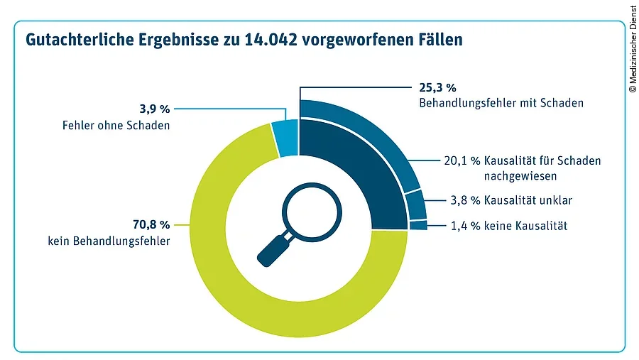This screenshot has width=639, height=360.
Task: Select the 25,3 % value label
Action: coord(435,88)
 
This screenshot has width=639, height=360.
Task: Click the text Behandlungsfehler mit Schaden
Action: coord(501,103)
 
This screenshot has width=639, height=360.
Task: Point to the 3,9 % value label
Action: coord(154,109)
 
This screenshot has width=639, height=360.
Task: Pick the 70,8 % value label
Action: coord(151,224)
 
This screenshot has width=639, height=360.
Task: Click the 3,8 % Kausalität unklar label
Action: coord(511,200)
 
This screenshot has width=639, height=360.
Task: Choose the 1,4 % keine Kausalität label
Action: coord(510,226)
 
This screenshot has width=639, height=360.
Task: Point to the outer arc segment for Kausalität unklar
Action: coord(417,204)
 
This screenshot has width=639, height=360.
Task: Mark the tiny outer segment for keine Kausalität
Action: coord(419,225)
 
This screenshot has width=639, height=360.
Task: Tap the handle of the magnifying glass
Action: coord(273,249)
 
